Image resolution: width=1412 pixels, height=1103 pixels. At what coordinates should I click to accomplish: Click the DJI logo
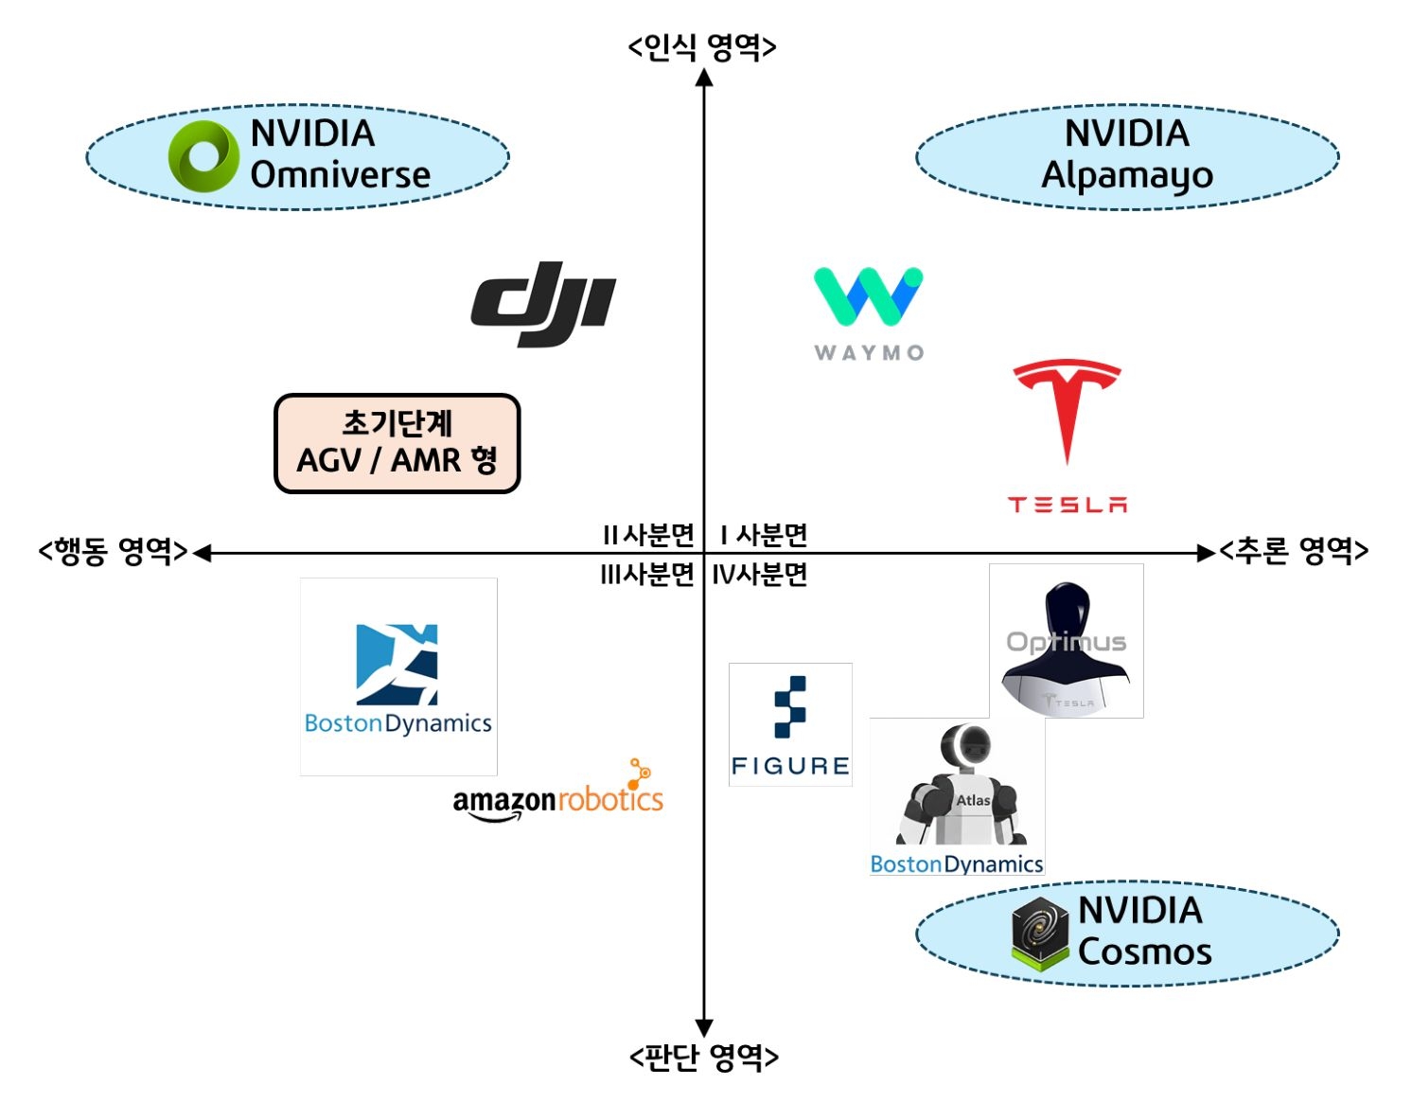(x=543, y=303)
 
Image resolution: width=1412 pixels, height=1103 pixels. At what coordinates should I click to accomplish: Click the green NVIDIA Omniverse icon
(x=203, y=156)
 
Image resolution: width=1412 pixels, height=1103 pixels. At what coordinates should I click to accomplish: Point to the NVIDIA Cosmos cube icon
(x=1039, y=933)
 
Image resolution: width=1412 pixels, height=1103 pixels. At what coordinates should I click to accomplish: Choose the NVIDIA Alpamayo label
(x=1126, y=155)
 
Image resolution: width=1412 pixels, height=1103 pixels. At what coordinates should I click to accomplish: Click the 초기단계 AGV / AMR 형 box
(x=397, y=443)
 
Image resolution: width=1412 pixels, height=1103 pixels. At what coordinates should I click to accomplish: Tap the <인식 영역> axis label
(x=702, y=46)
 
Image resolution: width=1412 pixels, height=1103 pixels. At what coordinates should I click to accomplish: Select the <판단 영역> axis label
(x=703, y=1056)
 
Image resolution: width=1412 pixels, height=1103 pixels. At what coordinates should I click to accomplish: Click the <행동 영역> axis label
(x=113, y=551)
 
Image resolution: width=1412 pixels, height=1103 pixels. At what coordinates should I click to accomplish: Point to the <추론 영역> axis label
(x=1293, y=550)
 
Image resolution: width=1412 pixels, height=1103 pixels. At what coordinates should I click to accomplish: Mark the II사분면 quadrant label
(x=648, y=535)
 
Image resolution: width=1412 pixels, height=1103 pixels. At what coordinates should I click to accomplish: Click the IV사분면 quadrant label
(x=759, y=574)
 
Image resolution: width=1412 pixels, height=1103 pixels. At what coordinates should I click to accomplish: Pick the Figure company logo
(x=790, y=724)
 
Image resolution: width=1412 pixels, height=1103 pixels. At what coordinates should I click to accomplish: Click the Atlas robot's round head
(x=964, y=746)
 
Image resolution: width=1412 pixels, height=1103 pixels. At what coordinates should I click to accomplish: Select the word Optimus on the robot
(x=1066, y=642)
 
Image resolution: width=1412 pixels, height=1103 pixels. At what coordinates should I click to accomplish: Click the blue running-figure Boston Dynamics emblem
(x=397, y=665)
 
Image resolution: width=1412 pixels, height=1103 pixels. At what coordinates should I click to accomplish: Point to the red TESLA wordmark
(x=1067, y=505)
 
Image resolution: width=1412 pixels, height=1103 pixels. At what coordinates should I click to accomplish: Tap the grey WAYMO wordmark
(x=869, y=353)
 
